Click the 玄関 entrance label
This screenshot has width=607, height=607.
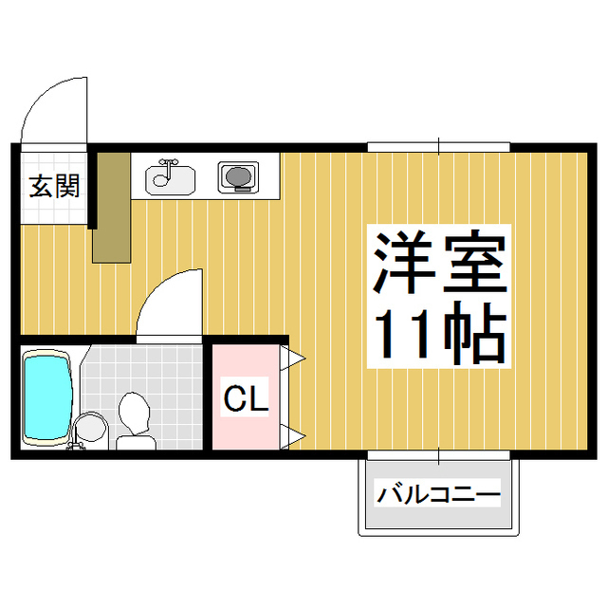click(x=53, y=186)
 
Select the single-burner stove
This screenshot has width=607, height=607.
click(x=238, y=176)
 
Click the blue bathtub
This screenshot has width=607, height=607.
click(x=46, y=396)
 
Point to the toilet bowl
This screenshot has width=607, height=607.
click(x=133, y=414)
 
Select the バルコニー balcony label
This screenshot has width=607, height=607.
click(x=438, y=495)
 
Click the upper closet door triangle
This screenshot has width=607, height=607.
click(x=295, y=358)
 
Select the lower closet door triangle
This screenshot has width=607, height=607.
click(x=295, y=436)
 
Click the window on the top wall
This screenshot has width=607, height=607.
click(x=438, y=146)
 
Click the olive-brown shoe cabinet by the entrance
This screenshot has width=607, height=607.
click(x=111, y=206)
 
